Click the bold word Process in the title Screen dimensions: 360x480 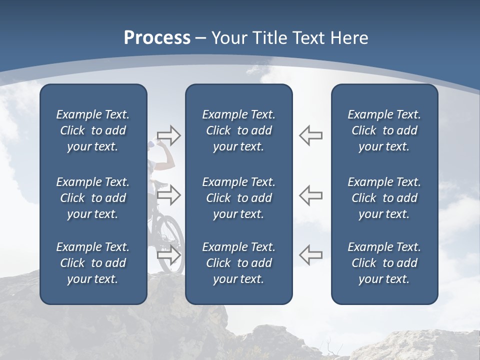click(157, 38)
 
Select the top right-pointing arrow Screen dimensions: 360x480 click(168, 135)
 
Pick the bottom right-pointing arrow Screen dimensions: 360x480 click(168, 255)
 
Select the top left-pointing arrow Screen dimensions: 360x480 click(310, 135)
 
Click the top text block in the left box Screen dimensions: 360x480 click(93, 130)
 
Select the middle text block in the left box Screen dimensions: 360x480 click(93, 198)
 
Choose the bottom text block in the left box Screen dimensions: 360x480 click(93, 263)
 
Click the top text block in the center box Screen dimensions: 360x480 click(238, 130)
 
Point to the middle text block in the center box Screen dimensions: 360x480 click(238, 198)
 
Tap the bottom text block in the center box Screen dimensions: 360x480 click(238, 263)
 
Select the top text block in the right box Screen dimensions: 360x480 click(384, 130)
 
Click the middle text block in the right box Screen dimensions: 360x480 click(384, 198)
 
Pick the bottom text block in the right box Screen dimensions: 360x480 click(384, 263)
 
